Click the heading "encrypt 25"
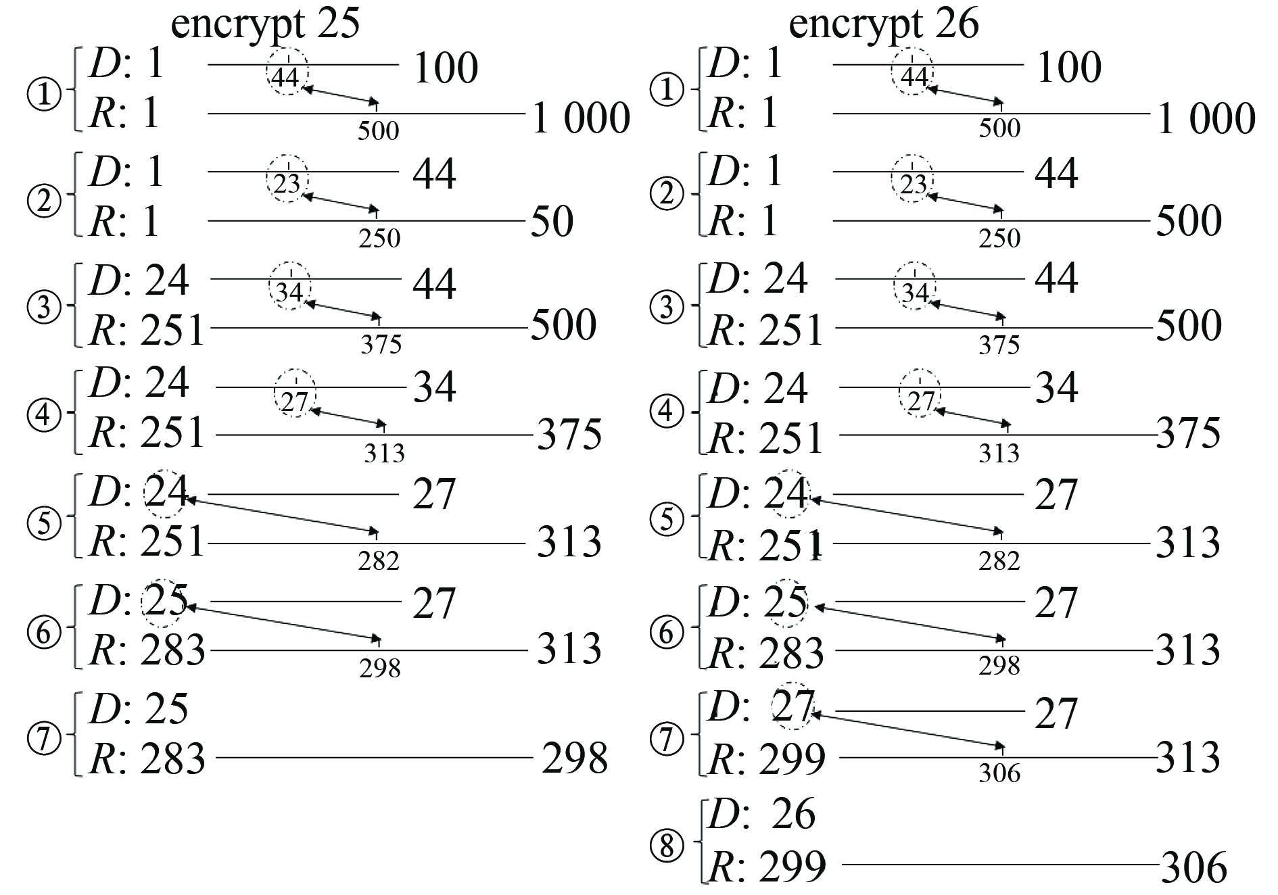click(x=266, y=24)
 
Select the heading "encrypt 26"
click(x=884, y=24)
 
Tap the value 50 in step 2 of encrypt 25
click(x=552, y=222)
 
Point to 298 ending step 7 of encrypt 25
click(x=575, y=758)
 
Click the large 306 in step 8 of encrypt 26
click(x=1193, y=868)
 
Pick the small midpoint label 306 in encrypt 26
click(x=999, y=772)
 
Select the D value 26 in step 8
click(x=794, y=814)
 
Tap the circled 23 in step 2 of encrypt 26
click(x=914, y=184)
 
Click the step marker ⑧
click(x=667, y=845)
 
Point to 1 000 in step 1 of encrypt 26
click(x=1206, y=118)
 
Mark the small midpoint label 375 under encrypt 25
click(x=381, y=345)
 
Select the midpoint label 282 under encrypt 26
click(x=999, y=560)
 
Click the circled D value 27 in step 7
click(x=792, y=707)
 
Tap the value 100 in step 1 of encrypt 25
click(x=445, y=68)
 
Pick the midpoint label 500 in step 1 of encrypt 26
click(x=999, y=128)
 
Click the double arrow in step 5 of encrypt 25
click(x=280, y=516)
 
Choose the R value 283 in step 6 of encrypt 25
click(x=173, y=650)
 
